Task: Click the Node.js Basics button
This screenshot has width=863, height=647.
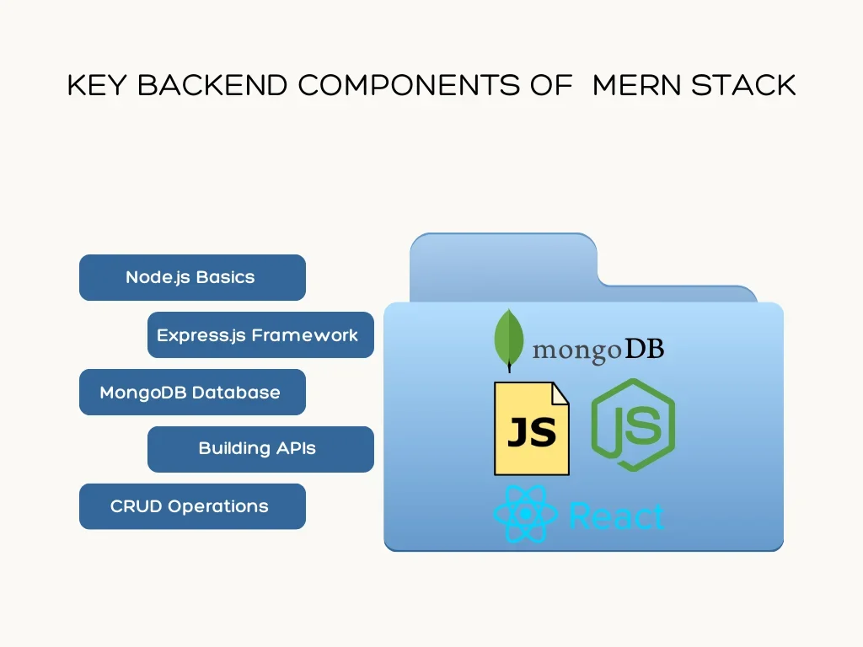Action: click(x=192, y=277)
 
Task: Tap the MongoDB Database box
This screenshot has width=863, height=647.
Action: click(x=192, y=392)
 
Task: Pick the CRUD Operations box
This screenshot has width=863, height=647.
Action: click(x=192, y=506)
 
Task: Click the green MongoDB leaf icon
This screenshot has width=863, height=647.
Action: click(x=507, y=340)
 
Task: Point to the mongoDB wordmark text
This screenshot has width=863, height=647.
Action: click(x=598, y=350)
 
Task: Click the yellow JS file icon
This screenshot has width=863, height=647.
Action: click(x=531, y=429)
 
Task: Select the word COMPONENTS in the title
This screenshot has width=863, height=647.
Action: click(x=410, y=86)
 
